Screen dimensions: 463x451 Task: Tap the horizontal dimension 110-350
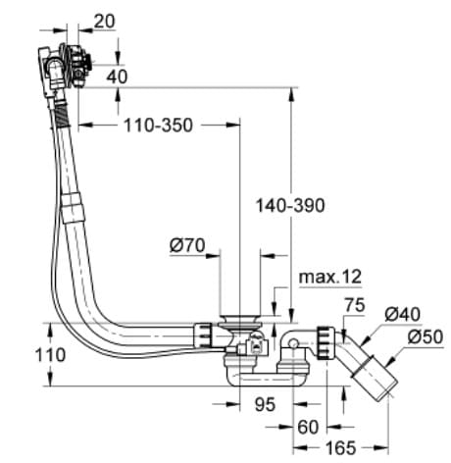pyautogui.click(x=158, y=126)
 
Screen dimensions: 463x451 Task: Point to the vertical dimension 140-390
pyautogui.click(x=289, y=206)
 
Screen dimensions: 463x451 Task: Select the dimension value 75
pyautogui.click(x=354, y=306)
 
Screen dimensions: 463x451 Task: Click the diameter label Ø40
pyautogui.click(x=403, y=314)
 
